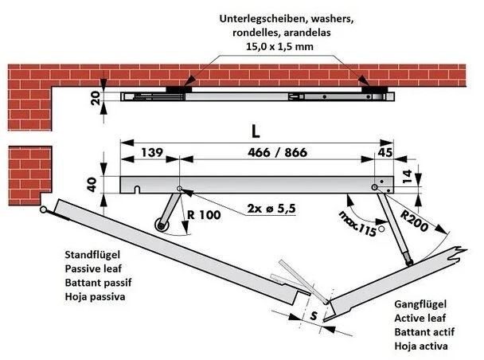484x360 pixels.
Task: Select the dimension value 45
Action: [385, 152]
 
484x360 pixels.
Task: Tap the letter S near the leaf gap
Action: [314, 317]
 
